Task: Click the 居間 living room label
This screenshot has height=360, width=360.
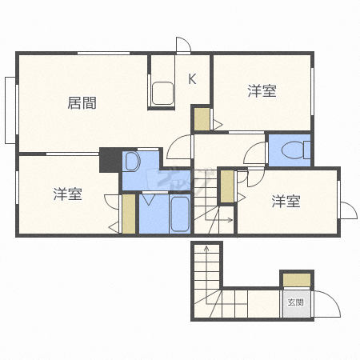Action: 82,103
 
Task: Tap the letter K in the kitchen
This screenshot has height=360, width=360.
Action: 192,78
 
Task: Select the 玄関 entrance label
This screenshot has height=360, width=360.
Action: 296,302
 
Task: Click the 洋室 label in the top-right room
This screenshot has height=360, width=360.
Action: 262,91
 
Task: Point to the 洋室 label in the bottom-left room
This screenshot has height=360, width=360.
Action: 67,194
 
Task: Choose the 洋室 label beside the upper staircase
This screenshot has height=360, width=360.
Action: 286,201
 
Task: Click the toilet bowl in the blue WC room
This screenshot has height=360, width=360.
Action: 295,150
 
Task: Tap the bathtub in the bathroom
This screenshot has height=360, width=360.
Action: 180,214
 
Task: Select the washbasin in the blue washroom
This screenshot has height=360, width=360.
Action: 133,162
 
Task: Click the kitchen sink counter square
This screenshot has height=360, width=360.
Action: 162,93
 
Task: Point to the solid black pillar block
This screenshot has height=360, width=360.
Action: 110,160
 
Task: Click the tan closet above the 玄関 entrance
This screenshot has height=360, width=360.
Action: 297,280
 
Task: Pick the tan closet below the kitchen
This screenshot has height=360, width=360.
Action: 202,119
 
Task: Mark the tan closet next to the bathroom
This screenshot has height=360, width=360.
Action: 129,214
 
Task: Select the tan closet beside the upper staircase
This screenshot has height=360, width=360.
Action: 227,186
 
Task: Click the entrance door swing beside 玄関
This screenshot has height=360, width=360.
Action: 327,303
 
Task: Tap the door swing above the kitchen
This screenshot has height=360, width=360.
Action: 183,46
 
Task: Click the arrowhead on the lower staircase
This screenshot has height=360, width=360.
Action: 206,248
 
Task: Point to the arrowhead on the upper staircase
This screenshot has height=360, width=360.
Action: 230,220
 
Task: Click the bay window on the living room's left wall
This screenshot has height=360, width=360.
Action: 10,110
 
